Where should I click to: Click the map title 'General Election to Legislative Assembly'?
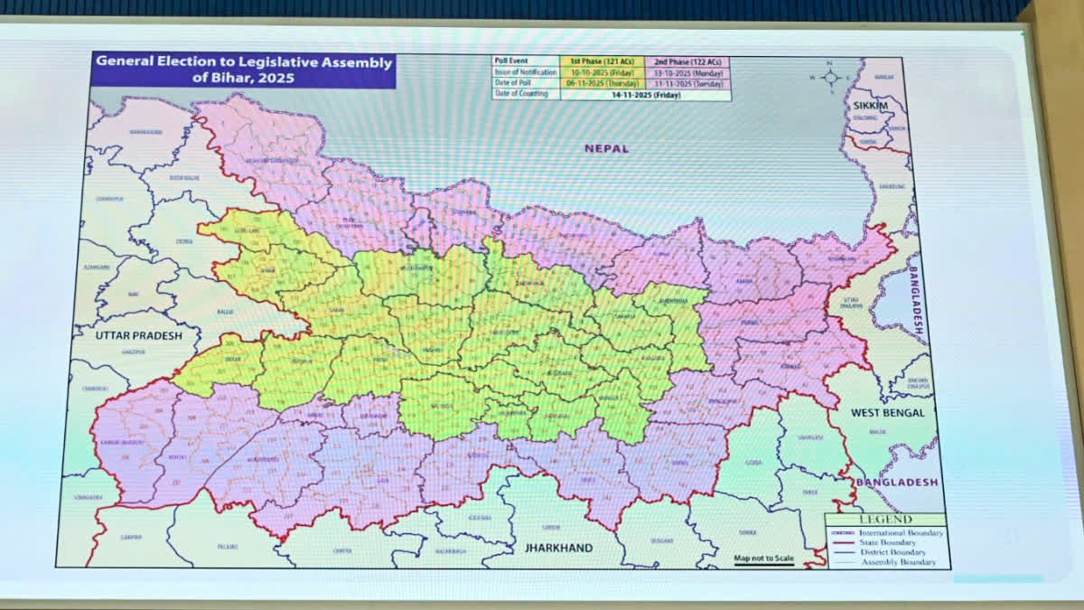click(244, 62)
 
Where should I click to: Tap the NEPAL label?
click(606, 148)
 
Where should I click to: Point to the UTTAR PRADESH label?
click(138, 335)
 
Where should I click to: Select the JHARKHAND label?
click(557, 548)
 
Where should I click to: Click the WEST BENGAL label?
click(888, 413)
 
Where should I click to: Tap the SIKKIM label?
click(871, 106)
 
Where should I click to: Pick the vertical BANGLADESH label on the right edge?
click(916, 302)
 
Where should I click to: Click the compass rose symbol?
click(831, 78)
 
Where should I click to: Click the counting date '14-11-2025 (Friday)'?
click(645, 95)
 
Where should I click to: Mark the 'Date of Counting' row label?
click(522, 94)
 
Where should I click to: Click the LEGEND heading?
click(885, 520)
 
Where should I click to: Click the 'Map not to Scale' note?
click(763, 558)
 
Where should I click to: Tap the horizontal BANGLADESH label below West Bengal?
click(896, 483)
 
